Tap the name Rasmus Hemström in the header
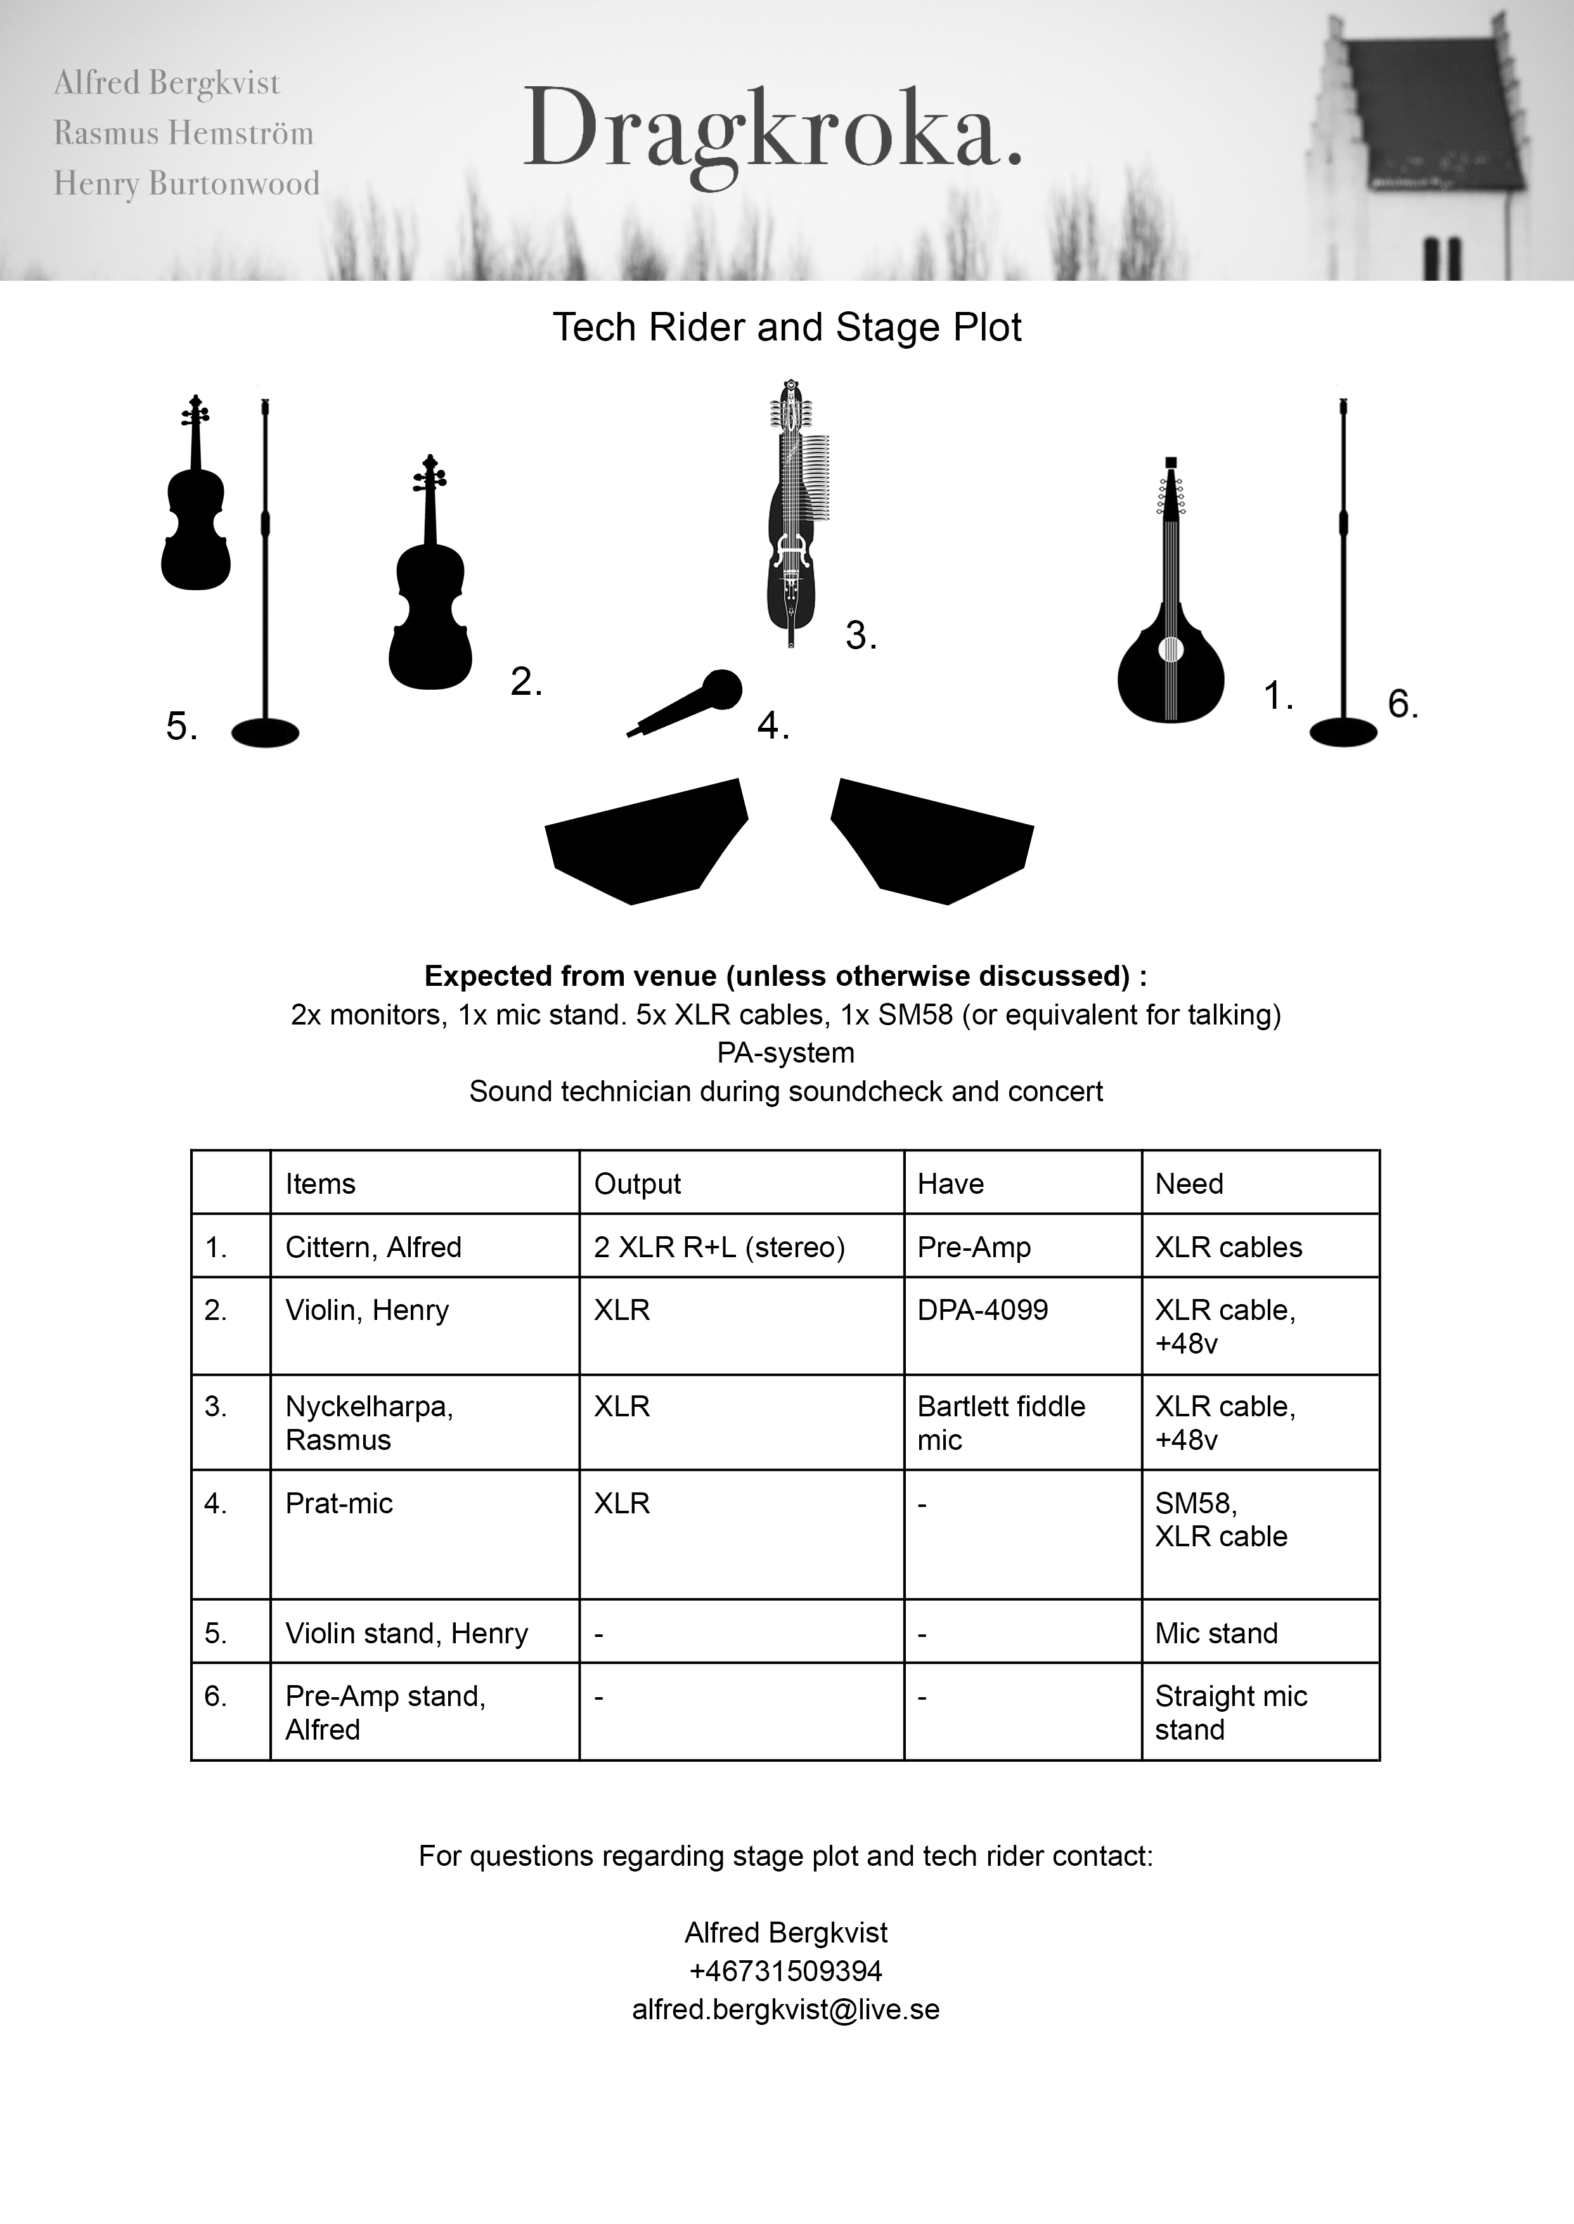click(183, 133)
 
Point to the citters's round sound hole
click(1171, 649)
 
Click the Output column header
click(637, 1183)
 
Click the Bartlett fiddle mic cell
click(1000, 1423)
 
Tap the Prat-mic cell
click(339, 1503)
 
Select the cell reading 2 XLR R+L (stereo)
click(719, 1247)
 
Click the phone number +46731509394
click(786, 1971)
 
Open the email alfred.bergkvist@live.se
click(786, 2010)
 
